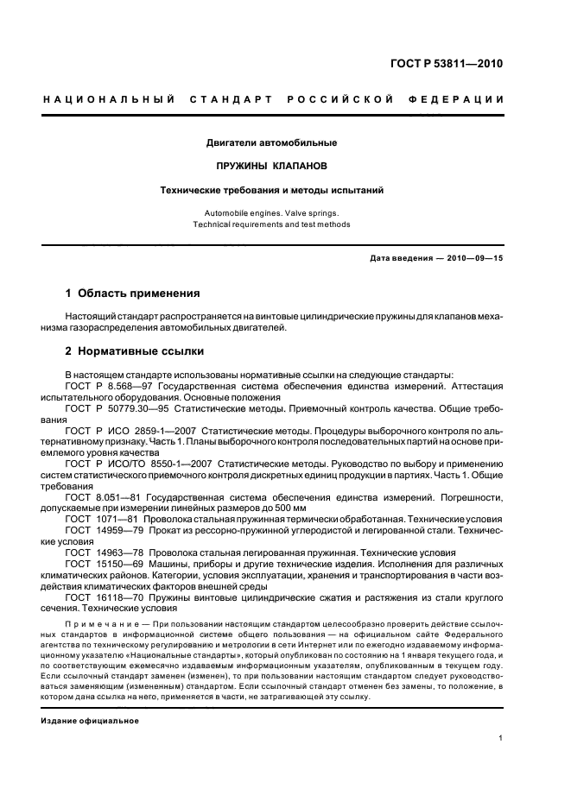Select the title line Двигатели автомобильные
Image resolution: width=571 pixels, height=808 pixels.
(271, 142)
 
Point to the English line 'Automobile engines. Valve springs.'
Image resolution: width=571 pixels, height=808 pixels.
(271, 211)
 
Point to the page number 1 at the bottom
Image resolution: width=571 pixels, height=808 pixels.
(501, 738)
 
